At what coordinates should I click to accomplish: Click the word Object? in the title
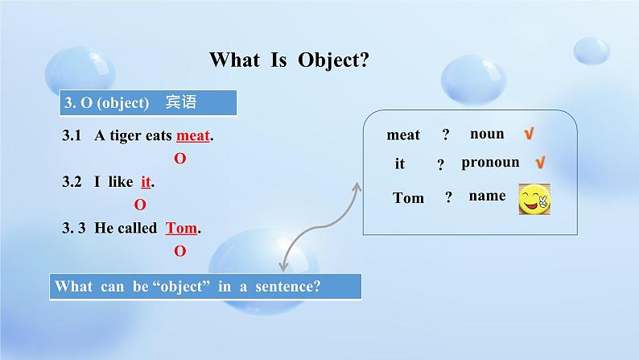(x=333, y=60)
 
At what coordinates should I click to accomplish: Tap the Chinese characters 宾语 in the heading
(x=181, y=102)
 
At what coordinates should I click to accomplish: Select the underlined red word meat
(x=193, y=135)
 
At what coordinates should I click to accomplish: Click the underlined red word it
(x=146, y=181)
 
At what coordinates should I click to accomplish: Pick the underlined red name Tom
(x=181, y=228)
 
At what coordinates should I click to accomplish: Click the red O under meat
(x=180, y=158)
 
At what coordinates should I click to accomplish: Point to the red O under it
(x=140, y=205)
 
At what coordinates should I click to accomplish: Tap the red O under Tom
(x=180, y=250)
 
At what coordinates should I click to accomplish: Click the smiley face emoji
(x=534, y=200)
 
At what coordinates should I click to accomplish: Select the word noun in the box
(x=487, y=134)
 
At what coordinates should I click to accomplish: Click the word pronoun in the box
(x=490, y=162)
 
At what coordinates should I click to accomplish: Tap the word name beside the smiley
(x=487, y=196)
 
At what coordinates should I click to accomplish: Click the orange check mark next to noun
(x=529, y=134)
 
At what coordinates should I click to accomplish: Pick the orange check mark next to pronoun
(x=540, y=163)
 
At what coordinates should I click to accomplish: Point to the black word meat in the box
(x=403, y=134)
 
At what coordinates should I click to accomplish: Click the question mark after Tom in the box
(x=449, y=197)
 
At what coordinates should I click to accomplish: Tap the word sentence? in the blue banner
(x=288, y=286)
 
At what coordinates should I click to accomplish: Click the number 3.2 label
(x=72, y=181)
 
